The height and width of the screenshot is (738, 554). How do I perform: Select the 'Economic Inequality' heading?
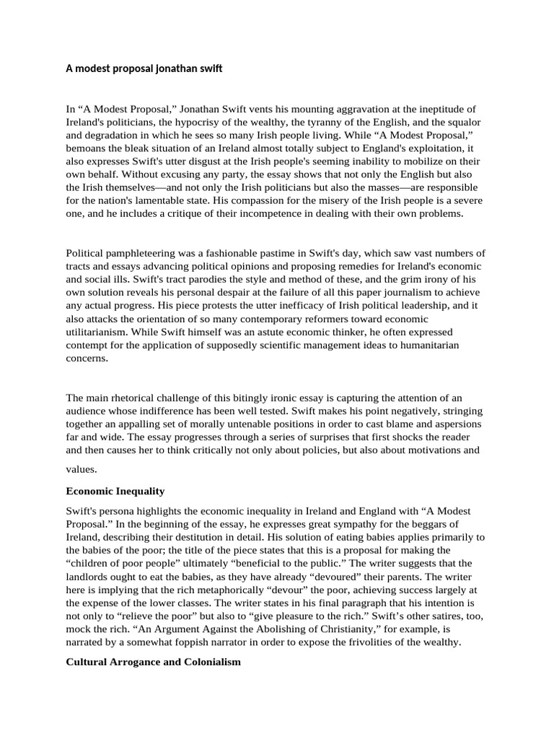point(115,491)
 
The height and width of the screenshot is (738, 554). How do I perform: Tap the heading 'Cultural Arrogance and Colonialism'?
point(154,661)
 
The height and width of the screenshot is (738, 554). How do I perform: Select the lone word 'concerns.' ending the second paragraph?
point(87,357)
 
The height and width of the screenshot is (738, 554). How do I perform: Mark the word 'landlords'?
point(89,577)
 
